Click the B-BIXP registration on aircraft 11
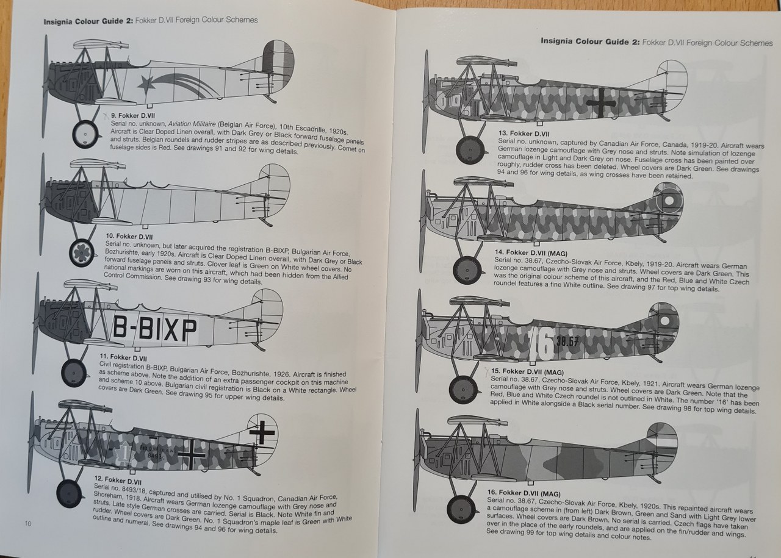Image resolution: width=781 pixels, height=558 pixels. pyautogui.click(x=155, y=330)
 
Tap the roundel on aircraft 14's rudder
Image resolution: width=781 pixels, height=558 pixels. pyautogui.click(x=669, y=199)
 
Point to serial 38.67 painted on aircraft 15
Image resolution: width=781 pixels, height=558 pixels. pyautogui.click(x=567, y=342)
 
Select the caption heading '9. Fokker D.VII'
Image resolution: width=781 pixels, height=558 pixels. pyautogui.click(x=132, y=115)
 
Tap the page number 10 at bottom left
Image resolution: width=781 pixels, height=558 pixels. pyautogui.click(x=28, y=523)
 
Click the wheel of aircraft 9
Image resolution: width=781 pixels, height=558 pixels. pyautogui.click(x=85, y=135)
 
